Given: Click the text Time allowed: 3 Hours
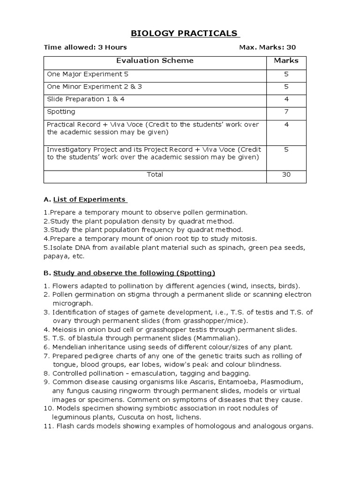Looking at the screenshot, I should point(85,47).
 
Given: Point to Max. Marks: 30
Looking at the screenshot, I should point(267,47).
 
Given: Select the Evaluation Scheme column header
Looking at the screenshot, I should point(155,61).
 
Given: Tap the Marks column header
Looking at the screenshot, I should point(286,61).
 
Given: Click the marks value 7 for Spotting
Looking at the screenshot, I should point(286,112).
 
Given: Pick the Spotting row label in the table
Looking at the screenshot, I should point(61,112).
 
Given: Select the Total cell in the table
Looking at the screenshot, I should point(155,174).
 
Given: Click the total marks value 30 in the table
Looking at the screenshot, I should point(286,174).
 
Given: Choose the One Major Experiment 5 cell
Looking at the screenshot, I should point(87,74).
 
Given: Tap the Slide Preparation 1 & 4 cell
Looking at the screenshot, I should point(86,99).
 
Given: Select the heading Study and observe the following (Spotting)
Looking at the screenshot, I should point(134,273).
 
